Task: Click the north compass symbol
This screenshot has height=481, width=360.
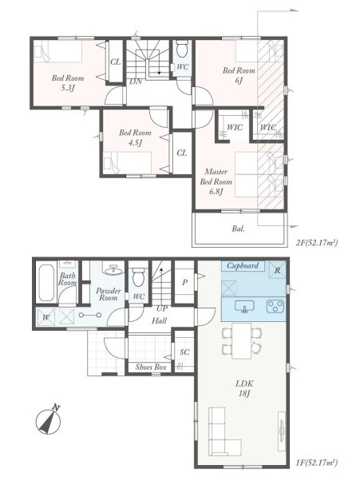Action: coord(48,421)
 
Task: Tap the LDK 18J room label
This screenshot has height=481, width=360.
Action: coord(244,388)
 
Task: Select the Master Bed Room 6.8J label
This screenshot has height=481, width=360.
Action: coord(216,181)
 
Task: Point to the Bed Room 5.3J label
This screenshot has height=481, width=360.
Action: coord(67,83)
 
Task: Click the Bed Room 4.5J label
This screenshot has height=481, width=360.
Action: coord(135,137)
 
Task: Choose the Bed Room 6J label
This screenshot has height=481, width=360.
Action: coord(239,75)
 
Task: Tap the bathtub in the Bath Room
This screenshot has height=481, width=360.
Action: coord(46,283)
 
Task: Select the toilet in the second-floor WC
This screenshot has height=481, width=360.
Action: coord(182,49)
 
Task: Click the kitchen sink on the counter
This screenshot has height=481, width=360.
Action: coord(244,307)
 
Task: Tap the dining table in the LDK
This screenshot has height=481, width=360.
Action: coord(241,340)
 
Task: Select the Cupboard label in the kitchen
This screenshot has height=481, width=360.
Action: coord(243,265)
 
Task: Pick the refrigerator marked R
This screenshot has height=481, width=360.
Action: coord(277,269)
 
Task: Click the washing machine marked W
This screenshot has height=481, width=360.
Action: coord(46,317)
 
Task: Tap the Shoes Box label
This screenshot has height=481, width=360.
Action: coord(151,367)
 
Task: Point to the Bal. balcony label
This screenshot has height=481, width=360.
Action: coord(239,229)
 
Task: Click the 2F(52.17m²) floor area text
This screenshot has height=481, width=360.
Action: coord(317,243)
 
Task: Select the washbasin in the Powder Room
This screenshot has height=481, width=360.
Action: coord(114,269)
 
